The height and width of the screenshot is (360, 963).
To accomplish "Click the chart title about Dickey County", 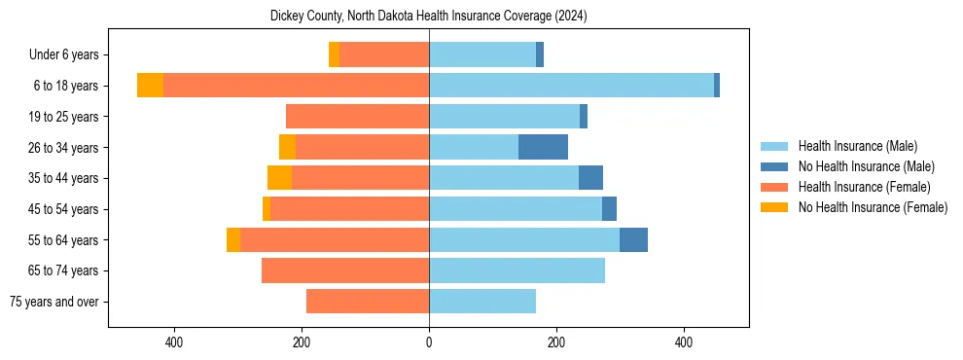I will point(428,17).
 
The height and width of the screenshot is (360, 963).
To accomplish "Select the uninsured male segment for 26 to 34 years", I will point(543,147).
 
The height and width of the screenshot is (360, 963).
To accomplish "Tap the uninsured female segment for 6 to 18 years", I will point(150,86).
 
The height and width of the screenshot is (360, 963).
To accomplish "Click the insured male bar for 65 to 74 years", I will point(517,270).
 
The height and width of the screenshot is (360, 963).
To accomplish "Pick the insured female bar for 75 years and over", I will point(368,302).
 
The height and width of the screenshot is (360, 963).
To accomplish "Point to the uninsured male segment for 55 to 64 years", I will point(633,239).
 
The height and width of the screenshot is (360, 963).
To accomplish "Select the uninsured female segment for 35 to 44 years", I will point(279,178).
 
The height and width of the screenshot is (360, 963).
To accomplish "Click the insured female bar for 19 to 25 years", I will point(357,117).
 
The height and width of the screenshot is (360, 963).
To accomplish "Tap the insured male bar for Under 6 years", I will point(481,54).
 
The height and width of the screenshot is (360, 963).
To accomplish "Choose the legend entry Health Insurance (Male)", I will point(857,146).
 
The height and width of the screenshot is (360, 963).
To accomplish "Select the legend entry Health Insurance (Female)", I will point(864,187).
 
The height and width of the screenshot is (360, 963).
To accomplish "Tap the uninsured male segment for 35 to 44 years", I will point(590,178).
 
